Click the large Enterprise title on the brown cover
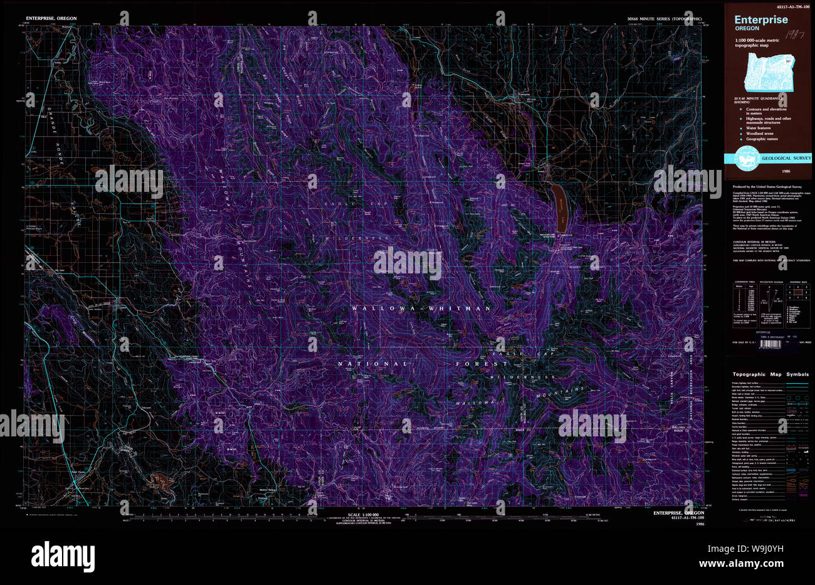coord(761,19)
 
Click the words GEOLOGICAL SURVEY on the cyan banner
coord(786,158)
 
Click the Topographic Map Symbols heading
coord(770,374)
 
